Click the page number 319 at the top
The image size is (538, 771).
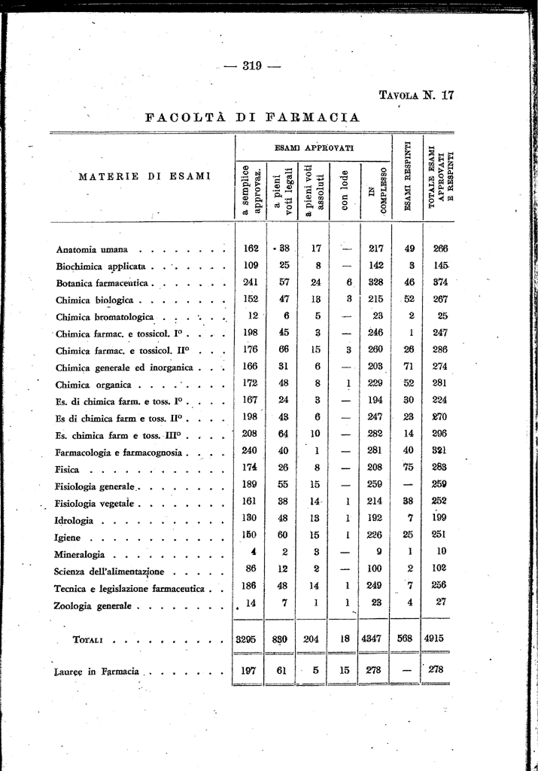[251, 66]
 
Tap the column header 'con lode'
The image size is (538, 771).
[343, 191]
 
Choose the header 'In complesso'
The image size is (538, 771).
[377, 190]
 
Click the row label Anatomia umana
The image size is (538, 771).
[92, 249]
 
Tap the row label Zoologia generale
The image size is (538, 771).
[94, 605]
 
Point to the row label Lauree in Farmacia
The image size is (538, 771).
[97, 672]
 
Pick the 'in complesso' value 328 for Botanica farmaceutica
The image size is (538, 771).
[376, 282]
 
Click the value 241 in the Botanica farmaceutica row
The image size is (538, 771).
[251, 282]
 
